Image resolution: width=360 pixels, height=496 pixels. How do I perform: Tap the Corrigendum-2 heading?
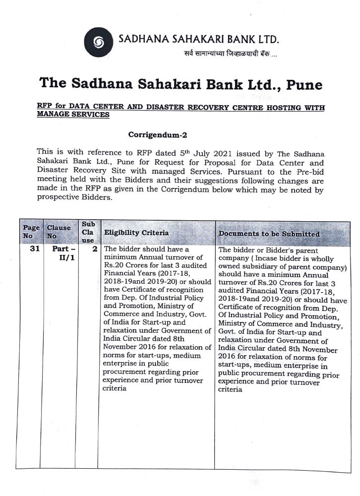[x=157, y=134]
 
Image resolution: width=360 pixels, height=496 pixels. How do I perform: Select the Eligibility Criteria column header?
[x=136, y=233]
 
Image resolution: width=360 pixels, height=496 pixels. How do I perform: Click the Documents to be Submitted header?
[x=269, y=234]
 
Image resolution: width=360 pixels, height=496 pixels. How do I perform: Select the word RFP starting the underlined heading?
[x=44, y=106]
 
